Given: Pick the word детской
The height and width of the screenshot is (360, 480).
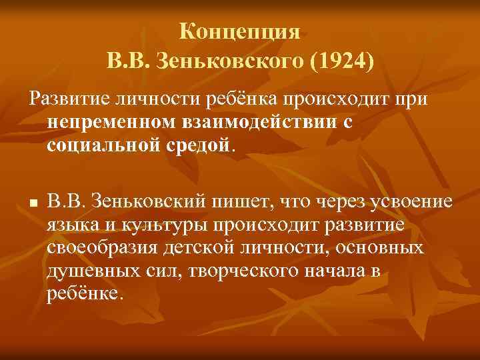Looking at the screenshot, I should coord(189,247).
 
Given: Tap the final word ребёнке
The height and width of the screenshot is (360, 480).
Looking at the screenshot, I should coord(84,293).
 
